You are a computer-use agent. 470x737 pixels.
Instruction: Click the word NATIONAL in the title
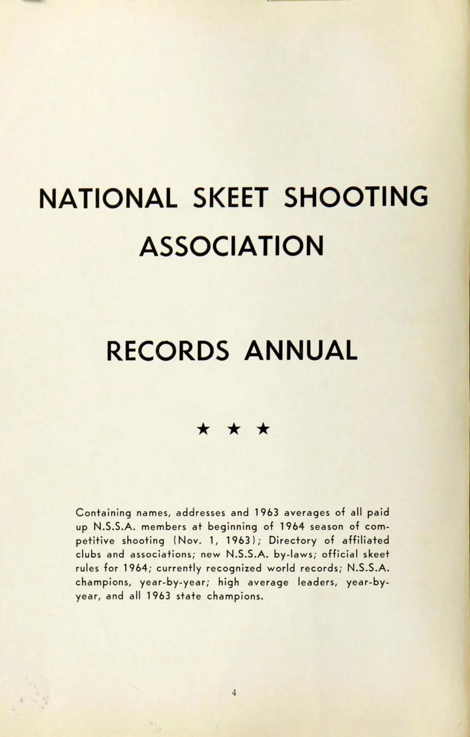point(108,198)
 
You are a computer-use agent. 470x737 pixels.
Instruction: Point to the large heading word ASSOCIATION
point(232,247)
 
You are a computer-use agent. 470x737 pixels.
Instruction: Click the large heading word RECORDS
point(168,351)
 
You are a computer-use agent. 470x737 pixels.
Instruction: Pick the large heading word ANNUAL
point(301,351)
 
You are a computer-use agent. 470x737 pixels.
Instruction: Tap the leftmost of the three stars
point(203,429)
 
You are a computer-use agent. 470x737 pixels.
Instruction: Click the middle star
point(234,429)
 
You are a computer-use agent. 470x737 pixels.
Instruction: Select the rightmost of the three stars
point(264,429)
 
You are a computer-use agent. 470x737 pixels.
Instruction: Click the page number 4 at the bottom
point(234,692)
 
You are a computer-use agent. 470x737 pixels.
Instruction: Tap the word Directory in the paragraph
point(293,541)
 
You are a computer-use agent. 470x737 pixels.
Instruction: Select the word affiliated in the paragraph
point(366,541)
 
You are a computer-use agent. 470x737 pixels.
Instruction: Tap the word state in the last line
point(188,596)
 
